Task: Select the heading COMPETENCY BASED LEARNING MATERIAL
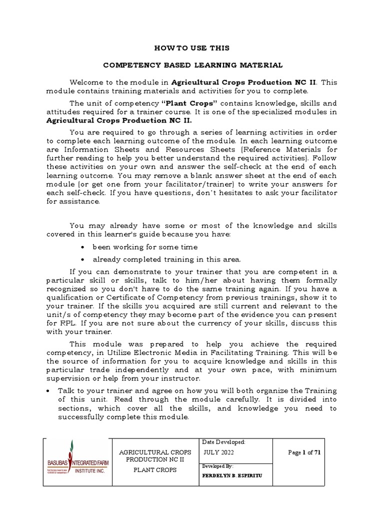(x=192, y=65)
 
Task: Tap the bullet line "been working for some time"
(x=144, y=247)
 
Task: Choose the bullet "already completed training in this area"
(x=166, y=259)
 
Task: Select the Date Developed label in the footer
(x=223, y=442)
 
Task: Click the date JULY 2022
(x=219, y=452)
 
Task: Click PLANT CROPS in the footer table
(x=154, y=470)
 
